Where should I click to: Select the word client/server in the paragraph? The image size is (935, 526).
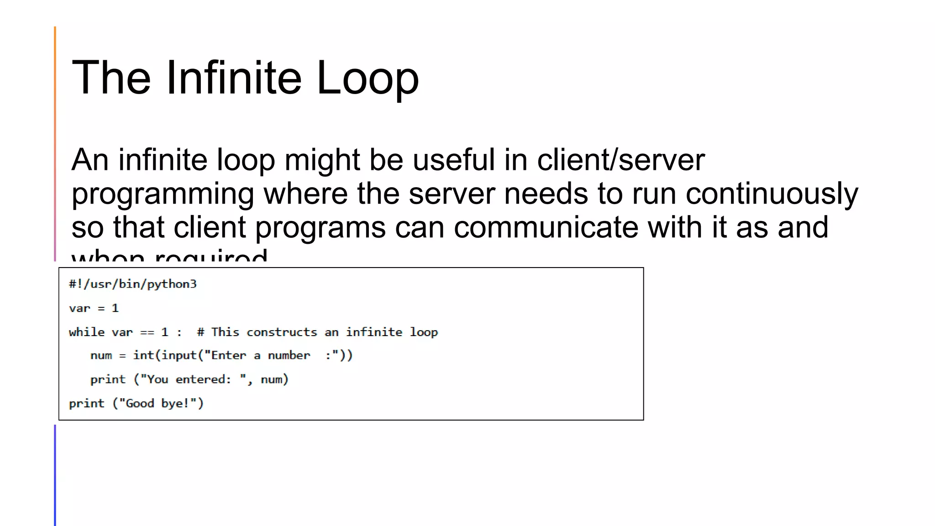pos(620,160)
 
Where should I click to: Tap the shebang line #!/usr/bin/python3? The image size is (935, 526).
pos(133,284)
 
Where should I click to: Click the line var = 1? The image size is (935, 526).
pos(94,308)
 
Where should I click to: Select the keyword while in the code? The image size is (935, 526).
pos(87,332)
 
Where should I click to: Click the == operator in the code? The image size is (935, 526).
pos(147,332)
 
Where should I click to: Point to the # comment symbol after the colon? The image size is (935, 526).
pos(200,332)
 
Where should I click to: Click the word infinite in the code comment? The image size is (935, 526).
pos(374,332)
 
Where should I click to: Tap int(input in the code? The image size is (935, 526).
pos(165,355)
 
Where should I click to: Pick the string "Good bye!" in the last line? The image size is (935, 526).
pos(158,404)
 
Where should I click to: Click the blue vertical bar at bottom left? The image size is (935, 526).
pos(55,475)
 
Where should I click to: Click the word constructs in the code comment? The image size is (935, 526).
pos(282,332)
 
